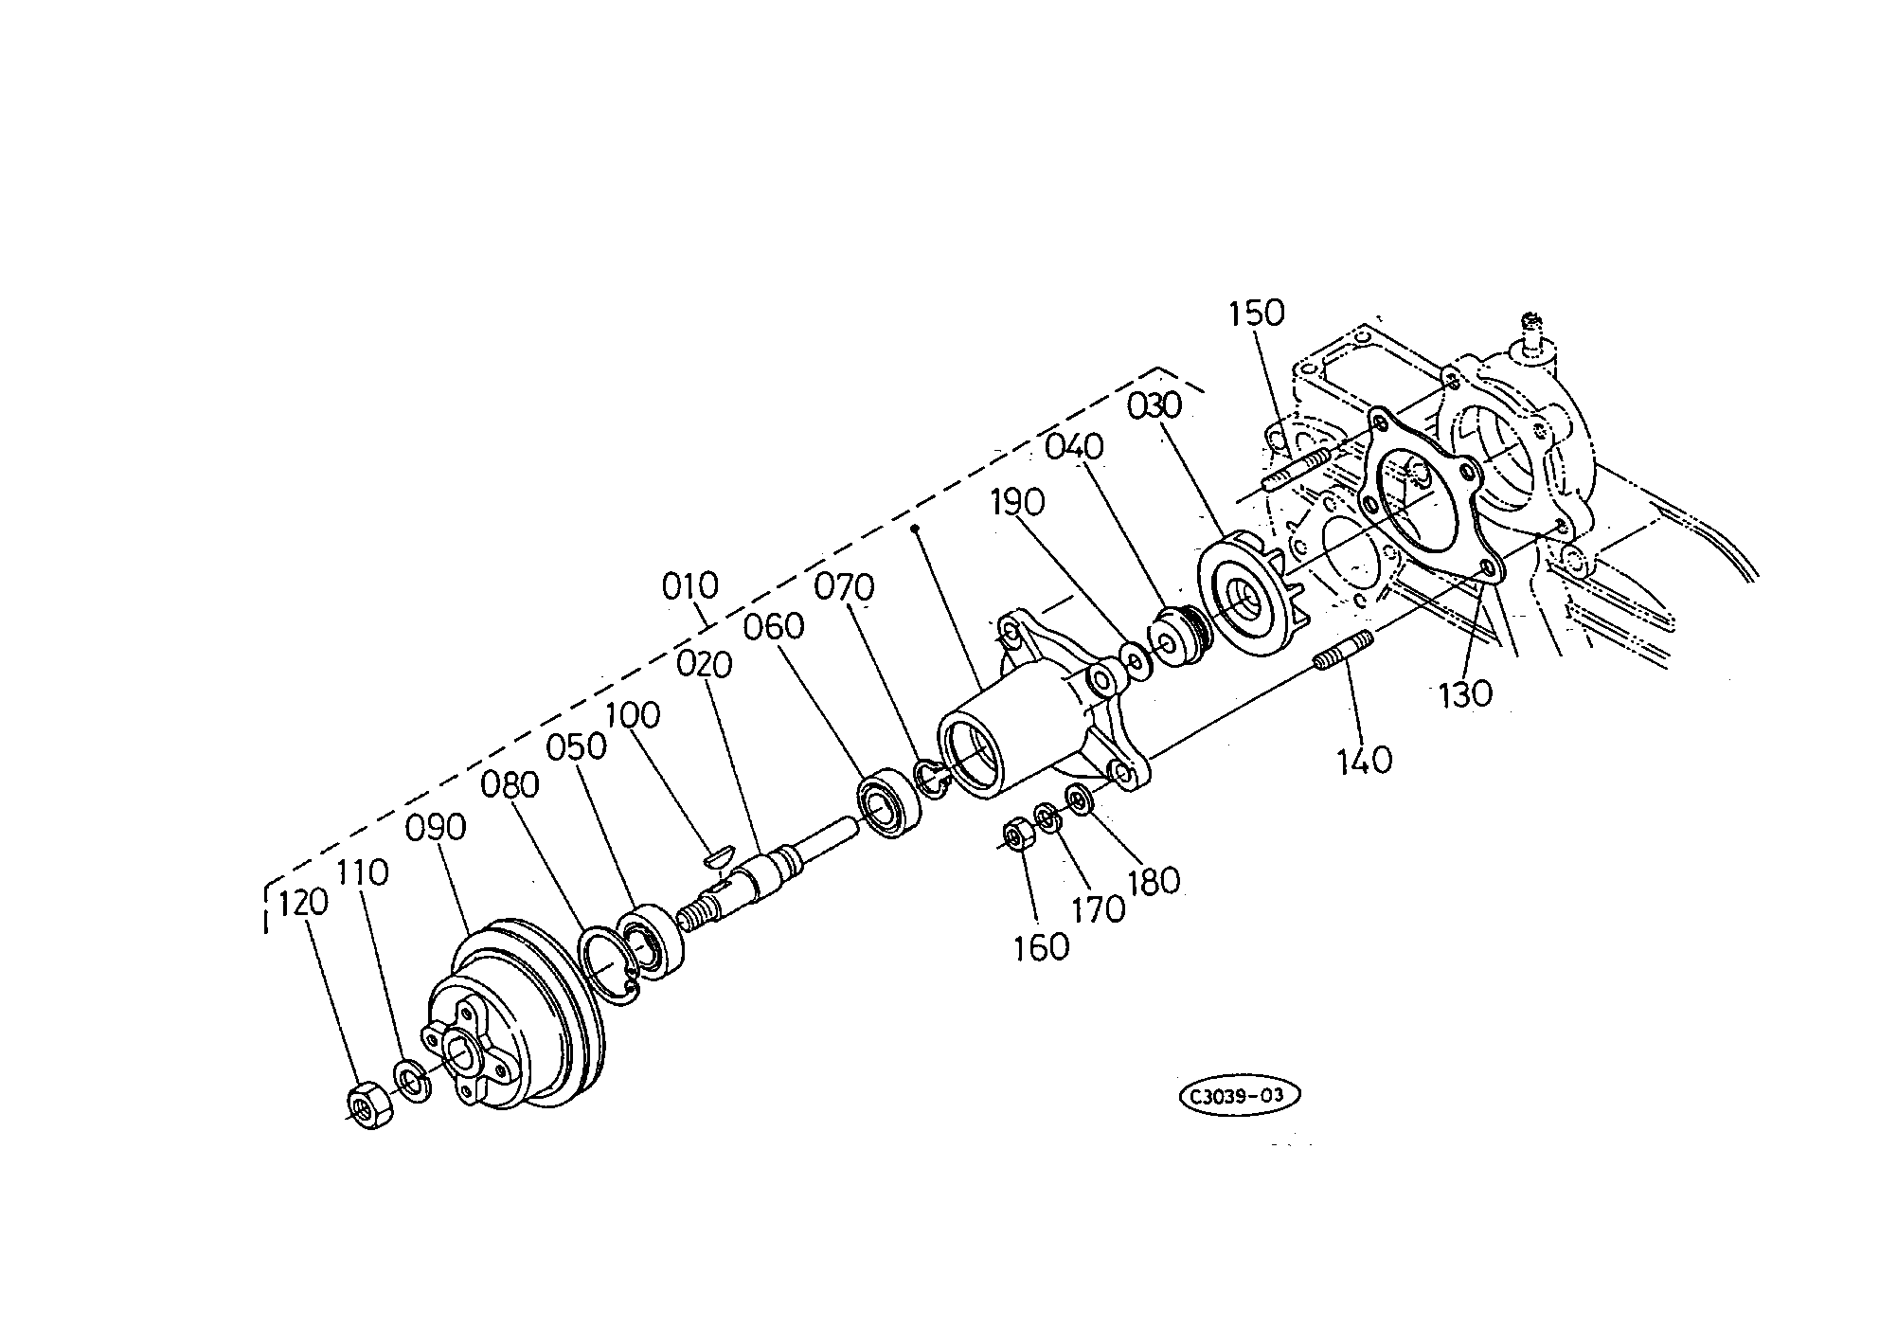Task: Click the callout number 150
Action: (1257, 314)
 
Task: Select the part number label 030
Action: (1155, 406)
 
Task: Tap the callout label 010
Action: (690, 586)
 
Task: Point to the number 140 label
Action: (1365, 760)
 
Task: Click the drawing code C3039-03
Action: (1239, 1096)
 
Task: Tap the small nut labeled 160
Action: (1018, 834)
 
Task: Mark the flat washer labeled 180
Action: (1079, 799)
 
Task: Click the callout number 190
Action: (1017, 502)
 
